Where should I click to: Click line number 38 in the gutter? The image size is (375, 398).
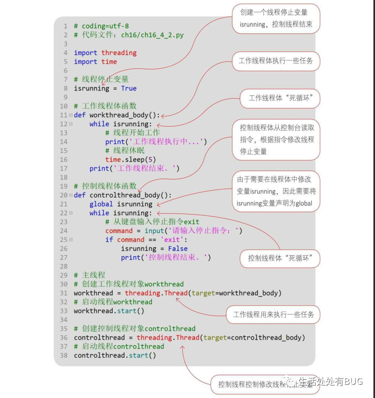click(x=64, y=355)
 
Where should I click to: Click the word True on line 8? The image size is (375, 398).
click(x=128, y=88)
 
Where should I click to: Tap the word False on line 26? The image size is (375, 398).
click(x=177, y=249)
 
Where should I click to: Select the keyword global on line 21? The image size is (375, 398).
click(x=101, y=204)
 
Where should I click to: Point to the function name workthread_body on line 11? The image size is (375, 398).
click(x=119, y=115)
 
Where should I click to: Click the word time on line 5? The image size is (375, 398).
click(x=109, y=62)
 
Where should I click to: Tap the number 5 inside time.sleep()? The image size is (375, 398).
click(x=150, y=159)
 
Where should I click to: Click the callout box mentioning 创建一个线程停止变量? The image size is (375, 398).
click(x=276, y=19)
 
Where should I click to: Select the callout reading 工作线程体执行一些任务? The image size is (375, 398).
click(x=276, y=61)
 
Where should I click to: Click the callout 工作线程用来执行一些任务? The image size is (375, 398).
click(x=273, y=315)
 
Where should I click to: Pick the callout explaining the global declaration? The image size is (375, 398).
click(x=276, y=191)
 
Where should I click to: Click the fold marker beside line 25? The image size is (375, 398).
click(x=71, y=240)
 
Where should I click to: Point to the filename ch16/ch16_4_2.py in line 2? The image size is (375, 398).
click(x=152, y=35)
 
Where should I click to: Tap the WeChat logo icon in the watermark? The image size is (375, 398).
click(x=291, y=382)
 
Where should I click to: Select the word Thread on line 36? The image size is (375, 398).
click(x=187, y=338)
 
